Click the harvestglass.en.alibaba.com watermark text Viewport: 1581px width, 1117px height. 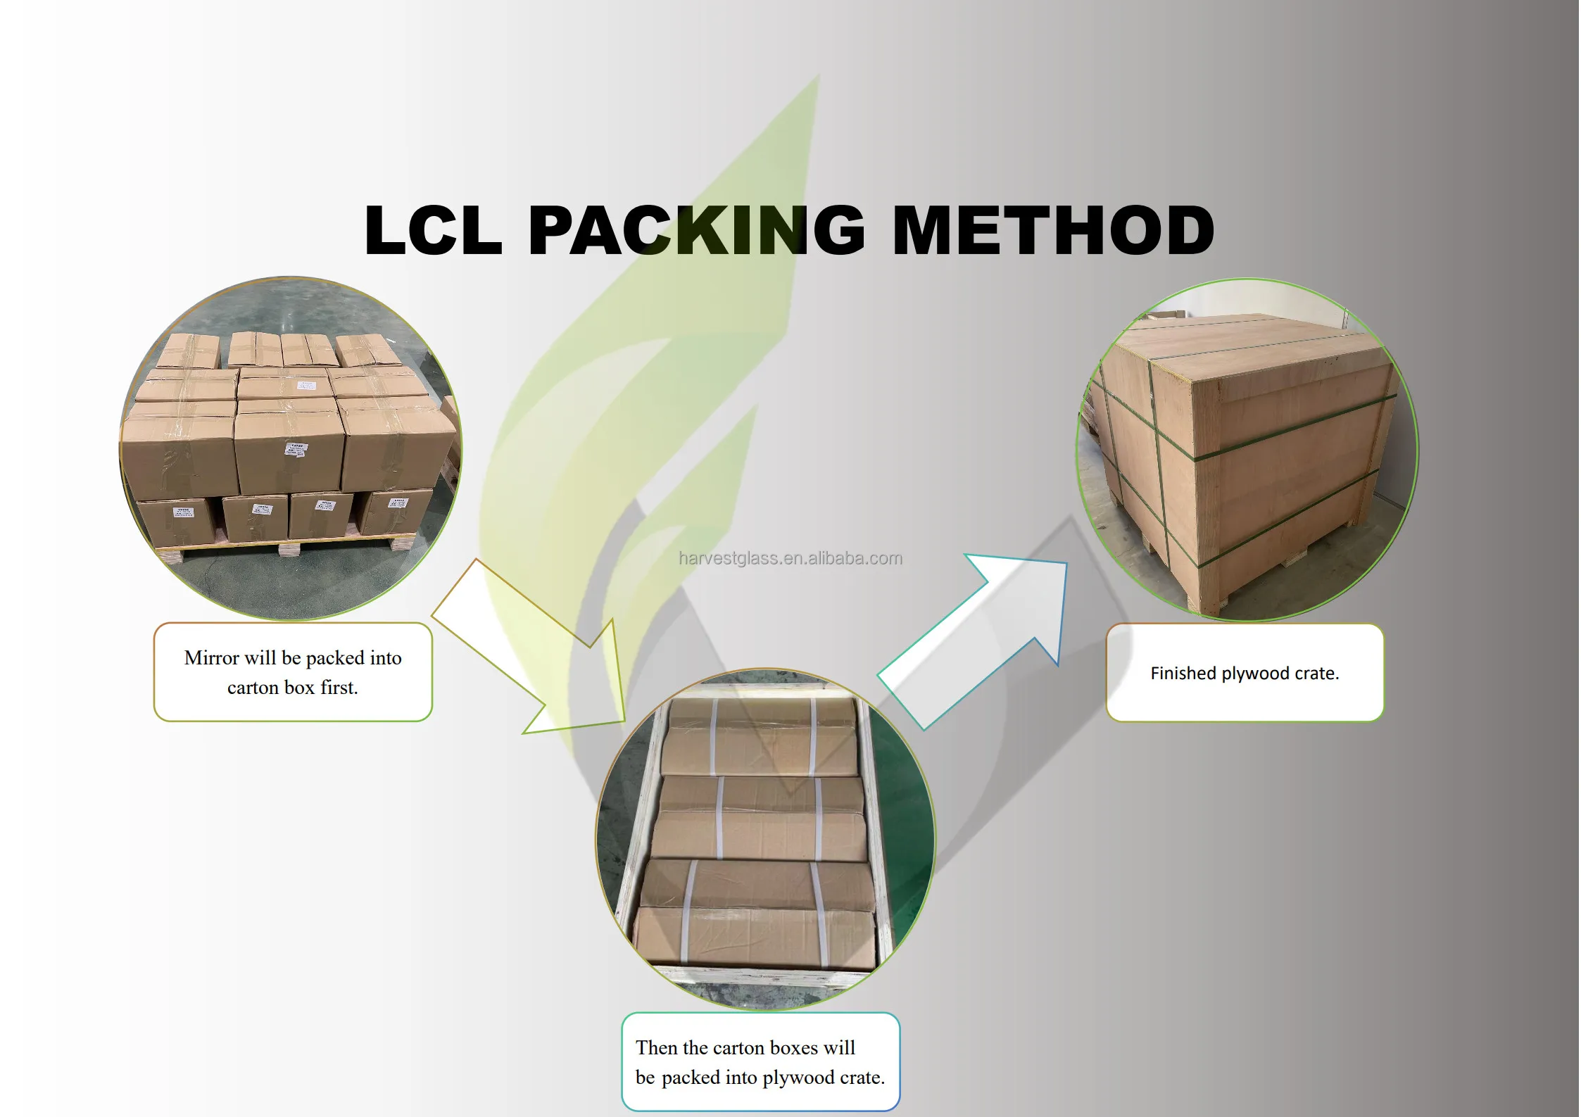click(x=790, y=558)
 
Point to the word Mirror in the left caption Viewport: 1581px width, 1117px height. click(x=211, y=658)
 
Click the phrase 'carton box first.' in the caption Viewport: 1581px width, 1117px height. click(x=293, y=688)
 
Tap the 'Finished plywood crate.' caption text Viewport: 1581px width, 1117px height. click(x=1245, y=674)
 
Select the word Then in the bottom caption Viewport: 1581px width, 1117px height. click(x=657, y=1048)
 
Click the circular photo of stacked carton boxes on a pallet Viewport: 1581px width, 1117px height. click(x=290, y=448)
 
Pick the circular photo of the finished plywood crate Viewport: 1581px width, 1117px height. click(x=1247, y=450)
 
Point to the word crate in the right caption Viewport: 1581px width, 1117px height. click(x=1316, y=674)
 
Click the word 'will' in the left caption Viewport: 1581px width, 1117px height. click(x=260, y=658)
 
